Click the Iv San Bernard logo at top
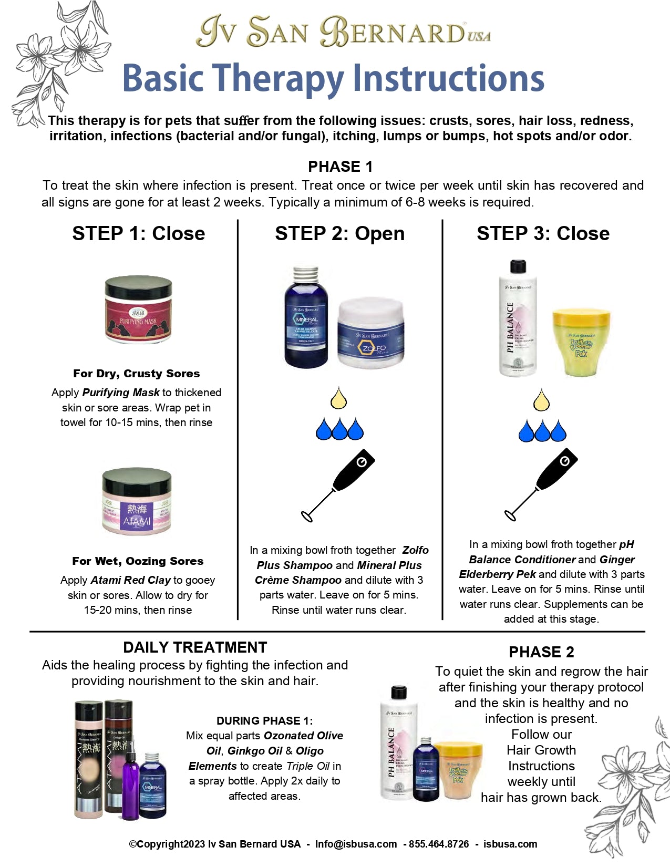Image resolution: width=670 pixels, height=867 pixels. tap(343, 32)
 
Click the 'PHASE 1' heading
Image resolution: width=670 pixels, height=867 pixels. tap(340, 167)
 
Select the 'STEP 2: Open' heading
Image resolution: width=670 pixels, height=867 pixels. tap(339, 233)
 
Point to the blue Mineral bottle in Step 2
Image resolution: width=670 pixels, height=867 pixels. tap(306, 318)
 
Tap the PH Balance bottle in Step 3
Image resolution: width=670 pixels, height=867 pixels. tap(518, 319)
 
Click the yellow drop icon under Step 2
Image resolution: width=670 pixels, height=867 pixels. tap(339, 398)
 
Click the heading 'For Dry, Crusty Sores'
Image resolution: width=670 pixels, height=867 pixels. tap(136, 374)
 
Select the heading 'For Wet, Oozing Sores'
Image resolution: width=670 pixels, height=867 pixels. tap(138, 561)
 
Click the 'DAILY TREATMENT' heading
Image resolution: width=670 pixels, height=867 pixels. tap(195, 647)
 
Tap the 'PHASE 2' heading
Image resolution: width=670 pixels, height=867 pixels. tap(541, 652)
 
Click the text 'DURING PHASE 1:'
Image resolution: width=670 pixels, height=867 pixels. tap(264, 721)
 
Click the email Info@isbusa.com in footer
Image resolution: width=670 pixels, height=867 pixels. tap(356, 844)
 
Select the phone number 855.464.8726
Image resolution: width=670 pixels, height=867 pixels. tap(439, 844)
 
